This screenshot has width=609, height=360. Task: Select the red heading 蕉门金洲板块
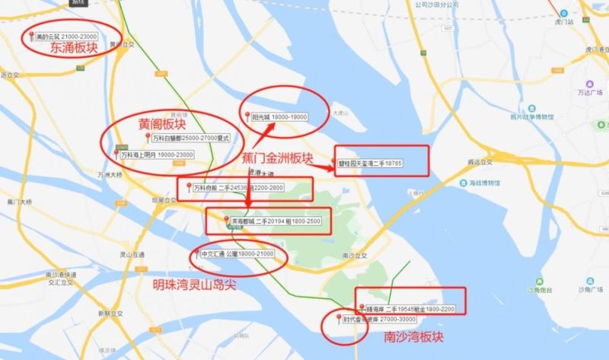click(x=277, y=159)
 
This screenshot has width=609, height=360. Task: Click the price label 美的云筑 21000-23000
click(x=72, y=37)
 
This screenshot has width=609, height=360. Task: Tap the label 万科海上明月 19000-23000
click(x=156, y=155)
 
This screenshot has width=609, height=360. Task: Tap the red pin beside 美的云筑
click(x=31, y=36)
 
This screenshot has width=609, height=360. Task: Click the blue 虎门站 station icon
click(x=563, y=12)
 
